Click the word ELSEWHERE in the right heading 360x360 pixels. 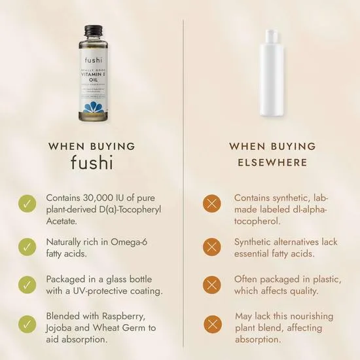pyautogui.click(x=272, y=163)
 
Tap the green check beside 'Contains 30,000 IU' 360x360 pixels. pyautogui.click(x=26, y=204)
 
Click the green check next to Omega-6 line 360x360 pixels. pyautogui.click(x=26, y=246)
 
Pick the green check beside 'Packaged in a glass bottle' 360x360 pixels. pyautogui.click(x=26, y=285)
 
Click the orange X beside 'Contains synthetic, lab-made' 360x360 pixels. pyautogui.click(x=213, y=204)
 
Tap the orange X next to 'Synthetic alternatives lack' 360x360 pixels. pyautogui.click(x=213, y=246)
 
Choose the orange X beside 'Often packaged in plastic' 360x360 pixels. pyautogui.click(x=213, y=285)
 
